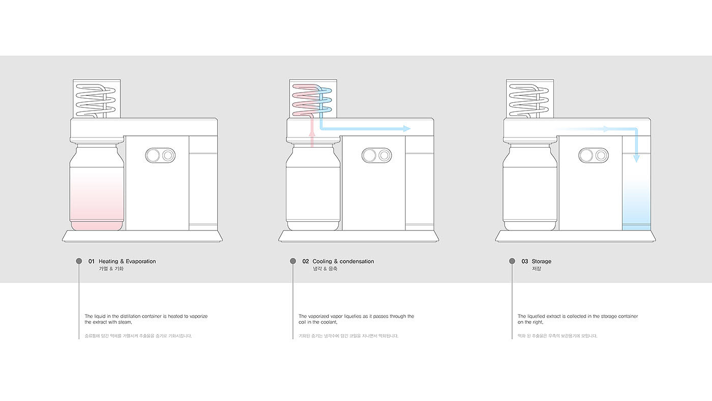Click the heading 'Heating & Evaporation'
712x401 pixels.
pos(127,262)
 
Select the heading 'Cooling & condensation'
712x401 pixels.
pos(343,262)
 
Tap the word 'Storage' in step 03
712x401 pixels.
pos(542,262)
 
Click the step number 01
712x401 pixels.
pos(92,262)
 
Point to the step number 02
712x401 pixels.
pos(306,262)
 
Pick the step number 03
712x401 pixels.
pos(525,262)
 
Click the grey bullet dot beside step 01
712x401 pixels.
pos(79,261)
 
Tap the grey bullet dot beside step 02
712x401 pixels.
pos(293,261)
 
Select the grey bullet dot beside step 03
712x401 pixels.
pos(512,261)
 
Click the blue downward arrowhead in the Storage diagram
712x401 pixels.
pos(636,159)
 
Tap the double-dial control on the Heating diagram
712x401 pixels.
pos(160,155)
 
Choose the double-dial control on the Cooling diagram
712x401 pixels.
pos(376,155)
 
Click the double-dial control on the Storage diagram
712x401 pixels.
pos(594,155)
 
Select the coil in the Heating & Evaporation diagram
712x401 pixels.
pos(97,99)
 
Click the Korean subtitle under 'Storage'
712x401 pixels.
pos(537,269)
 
